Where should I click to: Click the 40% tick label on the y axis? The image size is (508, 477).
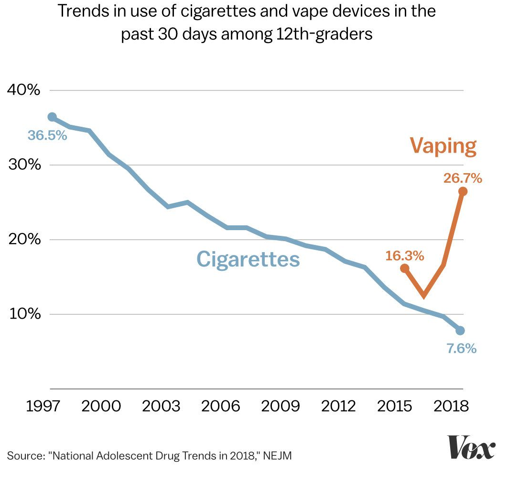pyautogui.click(x=23, y=90)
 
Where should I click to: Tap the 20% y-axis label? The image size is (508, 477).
pyautogui.click(x=23, y=239)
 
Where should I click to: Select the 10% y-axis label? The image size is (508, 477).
pyautogui.click(x=23, y=314)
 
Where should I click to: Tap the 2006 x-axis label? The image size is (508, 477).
pyautogui.click(x=220, y=406)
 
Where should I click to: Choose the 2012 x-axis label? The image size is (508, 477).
pyautogui.click(x=339, y=406)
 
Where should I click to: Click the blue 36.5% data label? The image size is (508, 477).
pyautogui.click(x=47, y=135)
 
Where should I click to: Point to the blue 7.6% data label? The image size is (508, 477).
pyautogui.click(x=461, y=349)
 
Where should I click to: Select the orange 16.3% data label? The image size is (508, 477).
pyautogui.click(x=405, y=256)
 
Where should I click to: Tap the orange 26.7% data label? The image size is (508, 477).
pyautogui.click(x=462, y=179)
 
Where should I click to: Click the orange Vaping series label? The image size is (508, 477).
pyautogui.click(x=443, y=146)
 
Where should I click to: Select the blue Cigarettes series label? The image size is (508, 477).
pyautogui.click(x=248, y=259)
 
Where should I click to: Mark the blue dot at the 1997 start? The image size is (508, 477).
pyautogui.click(x=52, y=117)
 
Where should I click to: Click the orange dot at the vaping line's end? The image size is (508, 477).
pyautogui.click(x=462, y=191)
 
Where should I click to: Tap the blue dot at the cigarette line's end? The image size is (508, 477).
pyautogui.click(x=460, y=331)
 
